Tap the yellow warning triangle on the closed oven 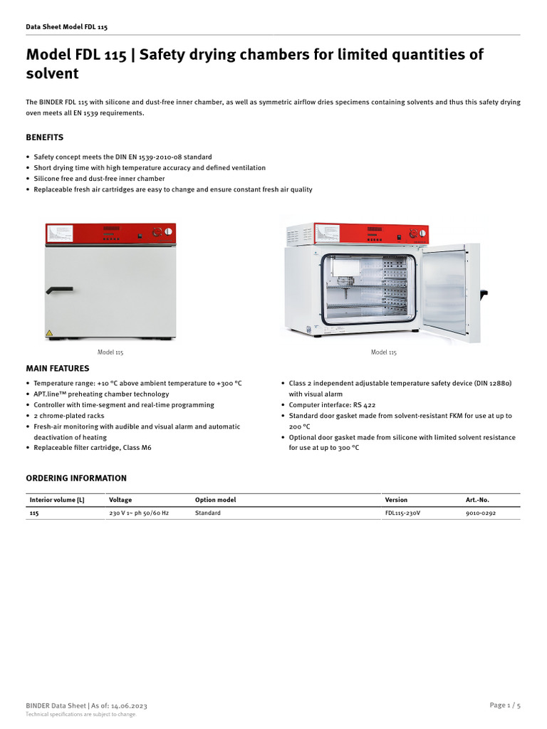[49, 333]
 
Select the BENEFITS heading [44, 137]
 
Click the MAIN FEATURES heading [58, 369]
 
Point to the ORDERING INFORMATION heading [76, 478]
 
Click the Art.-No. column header [477, 500]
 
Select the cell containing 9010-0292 [481, 513]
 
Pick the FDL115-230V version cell [403, 513]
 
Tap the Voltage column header [120, 500]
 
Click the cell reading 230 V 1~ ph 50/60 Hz [139, 513]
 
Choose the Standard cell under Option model [208, 513]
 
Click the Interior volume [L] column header [57, 500]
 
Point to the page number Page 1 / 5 [505, 705]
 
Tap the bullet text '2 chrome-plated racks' [70, 416]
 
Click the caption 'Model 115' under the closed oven [110, 352]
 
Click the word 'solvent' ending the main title [52, 74]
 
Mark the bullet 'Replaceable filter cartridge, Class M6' [93, 448]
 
